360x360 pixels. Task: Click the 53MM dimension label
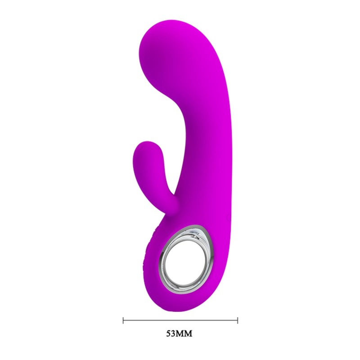(x=180, y=334)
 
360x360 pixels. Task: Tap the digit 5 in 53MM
(x=170, y=334)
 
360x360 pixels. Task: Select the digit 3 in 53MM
(x=175, y=334)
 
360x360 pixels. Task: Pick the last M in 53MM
(x=191, y=334)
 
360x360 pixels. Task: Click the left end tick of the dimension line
(x=123, y=320)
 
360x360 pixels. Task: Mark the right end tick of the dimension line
(x=238, y=320)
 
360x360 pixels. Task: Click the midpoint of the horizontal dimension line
(x=180, y=320)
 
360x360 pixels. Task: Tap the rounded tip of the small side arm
(x=145, y=151)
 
